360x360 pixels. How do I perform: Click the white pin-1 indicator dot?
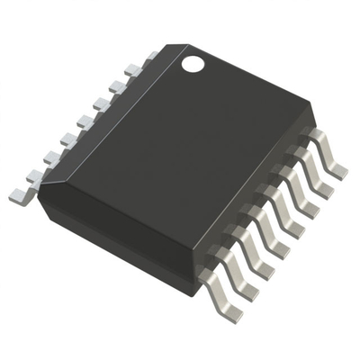193,64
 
